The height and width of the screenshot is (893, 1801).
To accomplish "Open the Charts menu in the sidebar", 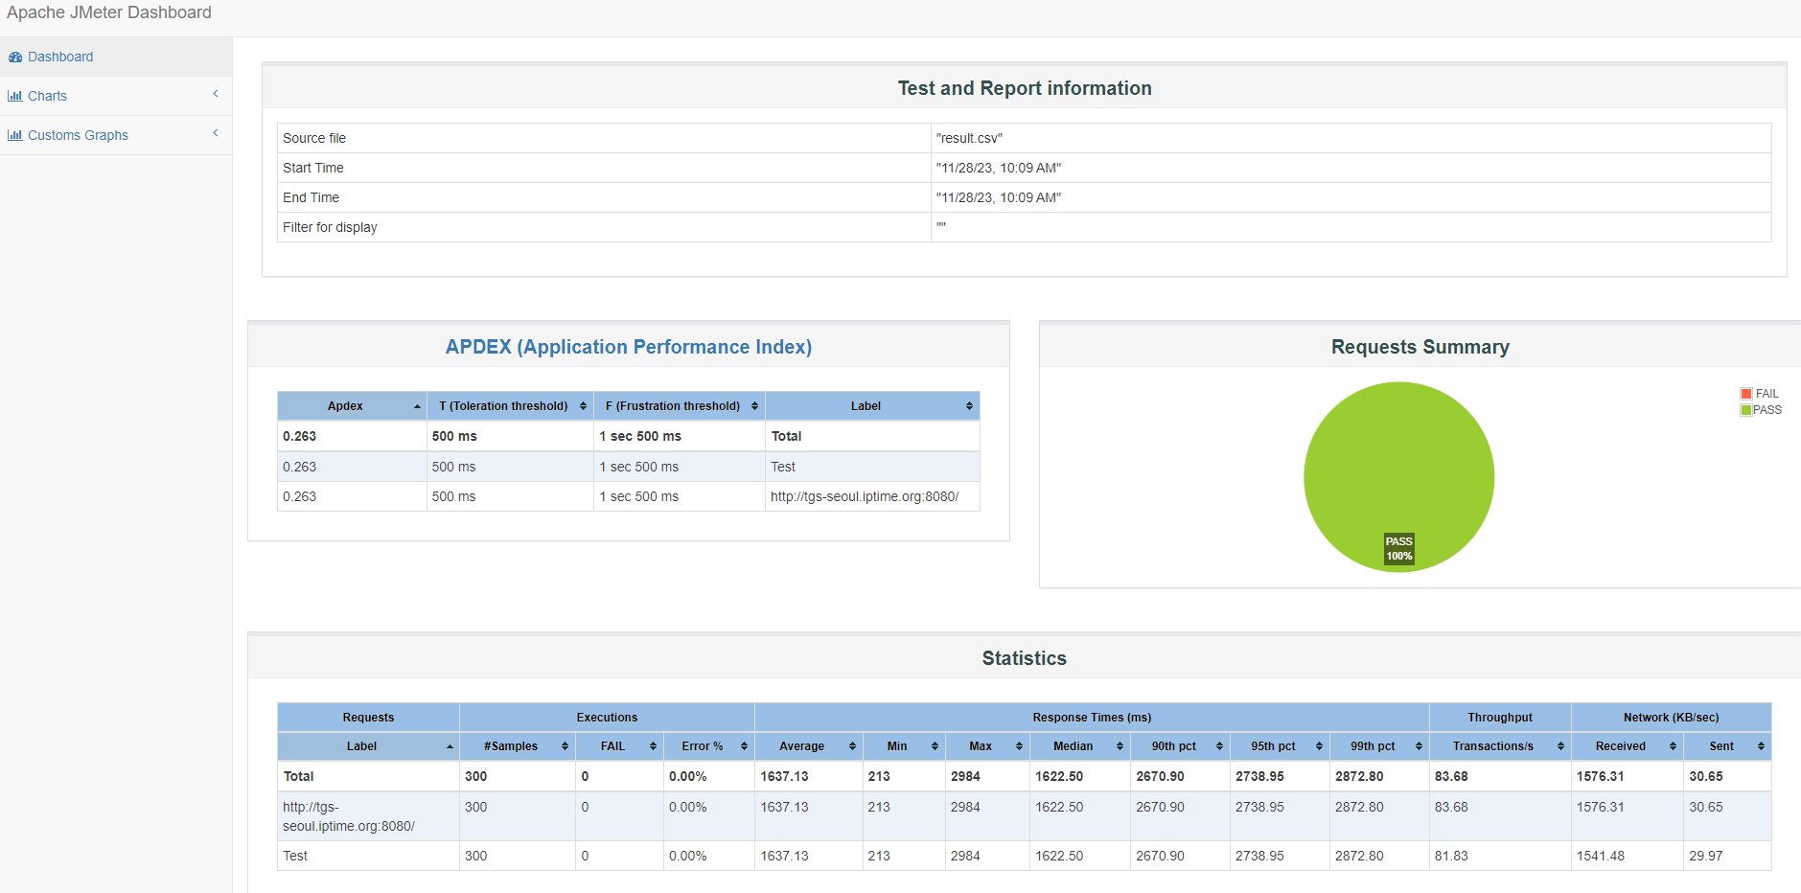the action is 47,96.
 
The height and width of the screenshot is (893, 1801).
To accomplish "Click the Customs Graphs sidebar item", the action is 78,135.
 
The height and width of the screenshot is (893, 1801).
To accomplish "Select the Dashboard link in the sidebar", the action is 60,57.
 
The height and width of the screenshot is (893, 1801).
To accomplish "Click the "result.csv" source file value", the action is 969,138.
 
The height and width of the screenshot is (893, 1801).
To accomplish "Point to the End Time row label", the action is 311,197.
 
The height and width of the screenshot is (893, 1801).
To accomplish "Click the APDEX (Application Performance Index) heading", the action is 629,347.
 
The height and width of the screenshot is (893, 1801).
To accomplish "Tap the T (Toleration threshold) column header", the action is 503,406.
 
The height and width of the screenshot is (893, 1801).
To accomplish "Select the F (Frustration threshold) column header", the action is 673,406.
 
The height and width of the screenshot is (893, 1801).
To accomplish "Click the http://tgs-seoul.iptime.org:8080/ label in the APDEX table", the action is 865,496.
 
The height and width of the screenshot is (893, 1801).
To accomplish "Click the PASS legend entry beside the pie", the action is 1762,410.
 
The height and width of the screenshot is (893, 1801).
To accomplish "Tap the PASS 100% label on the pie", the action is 1399,548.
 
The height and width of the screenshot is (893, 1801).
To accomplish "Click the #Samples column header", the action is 511,746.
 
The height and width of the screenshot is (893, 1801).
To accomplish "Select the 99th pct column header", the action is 1373,746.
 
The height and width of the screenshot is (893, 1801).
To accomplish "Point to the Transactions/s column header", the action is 1493,746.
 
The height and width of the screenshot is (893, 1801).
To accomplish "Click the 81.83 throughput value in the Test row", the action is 1451,856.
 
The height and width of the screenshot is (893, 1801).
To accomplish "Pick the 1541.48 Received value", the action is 1601,856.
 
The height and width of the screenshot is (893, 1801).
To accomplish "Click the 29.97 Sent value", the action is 1706,856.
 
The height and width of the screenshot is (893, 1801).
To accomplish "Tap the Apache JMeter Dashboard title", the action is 109,12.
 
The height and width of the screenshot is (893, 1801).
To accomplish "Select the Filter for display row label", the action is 330,227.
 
